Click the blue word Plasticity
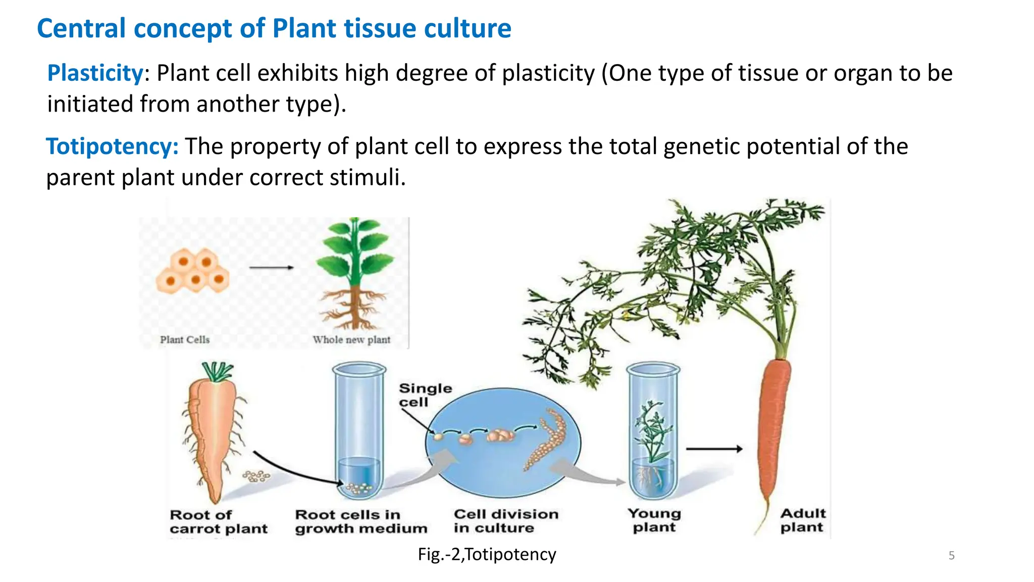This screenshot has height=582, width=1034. (95, 73)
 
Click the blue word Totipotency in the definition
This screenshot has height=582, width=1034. (112, 147)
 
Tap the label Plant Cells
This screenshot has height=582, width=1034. (185, 339)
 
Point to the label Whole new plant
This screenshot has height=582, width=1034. (351, 339)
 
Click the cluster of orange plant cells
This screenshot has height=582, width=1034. (193, 271)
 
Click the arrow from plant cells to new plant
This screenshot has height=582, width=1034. (272, 267)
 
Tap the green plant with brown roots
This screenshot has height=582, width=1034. (355, 275)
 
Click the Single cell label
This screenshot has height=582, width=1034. (425, 395)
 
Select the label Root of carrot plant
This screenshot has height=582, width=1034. (218, 522)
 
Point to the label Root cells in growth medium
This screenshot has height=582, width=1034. (361, 521)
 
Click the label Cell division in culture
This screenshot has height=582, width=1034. (506, 521)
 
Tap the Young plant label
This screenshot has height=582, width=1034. (654, 520)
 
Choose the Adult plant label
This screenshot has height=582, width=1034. (802, 520)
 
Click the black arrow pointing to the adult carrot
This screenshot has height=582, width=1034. (714, 449)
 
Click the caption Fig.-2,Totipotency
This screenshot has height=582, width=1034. (487, 555)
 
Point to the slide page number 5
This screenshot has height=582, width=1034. (951, 556)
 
